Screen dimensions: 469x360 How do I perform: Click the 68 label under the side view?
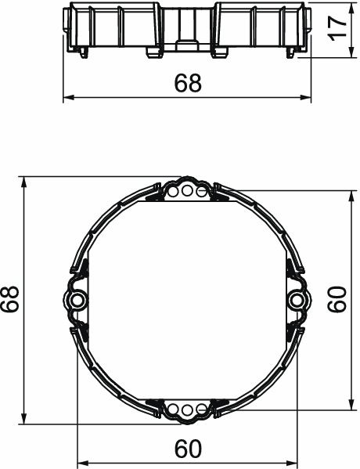pyautogui.click(x=188, y=83)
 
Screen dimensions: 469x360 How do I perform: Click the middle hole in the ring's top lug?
pyautogui.click(x=187, y=190)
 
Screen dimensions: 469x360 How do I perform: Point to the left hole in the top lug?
pyautogui.click(x=174, y=190)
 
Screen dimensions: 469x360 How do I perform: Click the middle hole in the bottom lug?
pyautogui.click(x=187, y=409)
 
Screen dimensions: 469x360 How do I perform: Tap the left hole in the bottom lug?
pyautogui.click(x=174, y=409)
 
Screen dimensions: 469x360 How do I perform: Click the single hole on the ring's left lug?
pyautogui.click(x=78, y=300)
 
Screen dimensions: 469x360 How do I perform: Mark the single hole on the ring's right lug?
pyautogui.click(x=296, y=300)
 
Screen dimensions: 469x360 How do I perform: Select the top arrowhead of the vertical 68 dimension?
pyautogui.click(x=26, y=181)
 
